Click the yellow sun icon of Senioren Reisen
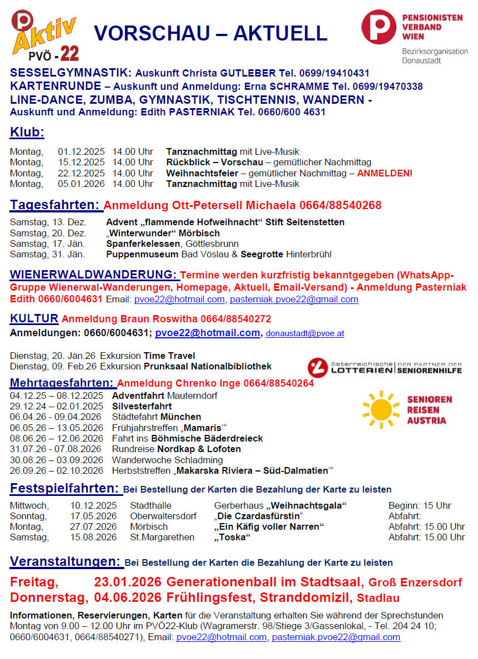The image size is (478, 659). (x=381, y=409)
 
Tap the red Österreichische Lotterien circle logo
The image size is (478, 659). (x=317, y=367)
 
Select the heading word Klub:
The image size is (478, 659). (x=27, y=133)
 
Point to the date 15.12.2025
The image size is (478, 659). (x=81, y=163)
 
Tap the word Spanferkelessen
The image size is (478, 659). (x=139, y=244)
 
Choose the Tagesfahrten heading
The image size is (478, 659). (x=55, y=205)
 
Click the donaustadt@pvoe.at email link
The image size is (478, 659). (x=305, y=333)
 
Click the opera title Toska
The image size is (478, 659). (x=233, y=537)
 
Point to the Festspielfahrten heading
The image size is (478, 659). (x=64, y=489)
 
